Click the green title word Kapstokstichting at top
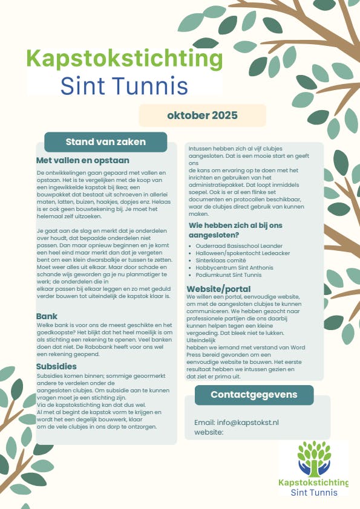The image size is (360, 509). point(125,60)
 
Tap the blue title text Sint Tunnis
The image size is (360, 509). point(124,86)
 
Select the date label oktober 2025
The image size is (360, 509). point(202,115)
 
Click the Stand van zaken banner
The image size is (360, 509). point(105,142)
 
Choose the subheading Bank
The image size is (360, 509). point(47,316)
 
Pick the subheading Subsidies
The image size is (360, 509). point(56,366)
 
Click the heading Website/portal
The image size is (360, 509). point(218,289)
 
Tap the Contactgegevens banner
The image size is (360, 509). point(254,395)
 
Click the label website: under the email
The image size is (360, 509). point(209,432)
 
